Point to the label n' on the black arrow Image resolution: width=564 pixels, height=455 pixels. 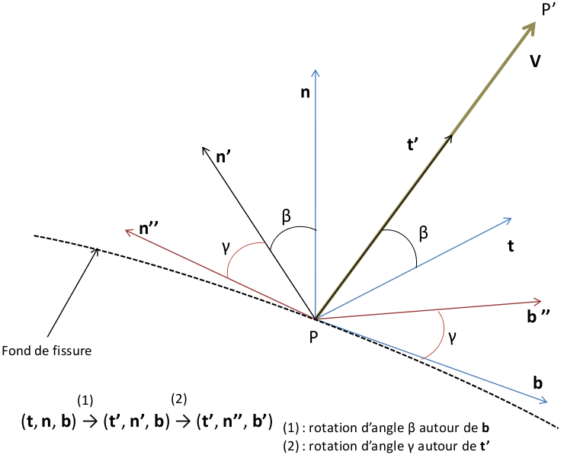224,158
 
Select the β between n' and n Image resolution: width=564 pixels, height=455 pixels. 287,216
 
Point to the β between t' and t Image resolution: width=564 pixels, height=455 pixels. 423,233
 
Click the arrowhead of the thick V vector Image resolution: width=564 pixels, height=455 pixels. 528,30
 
